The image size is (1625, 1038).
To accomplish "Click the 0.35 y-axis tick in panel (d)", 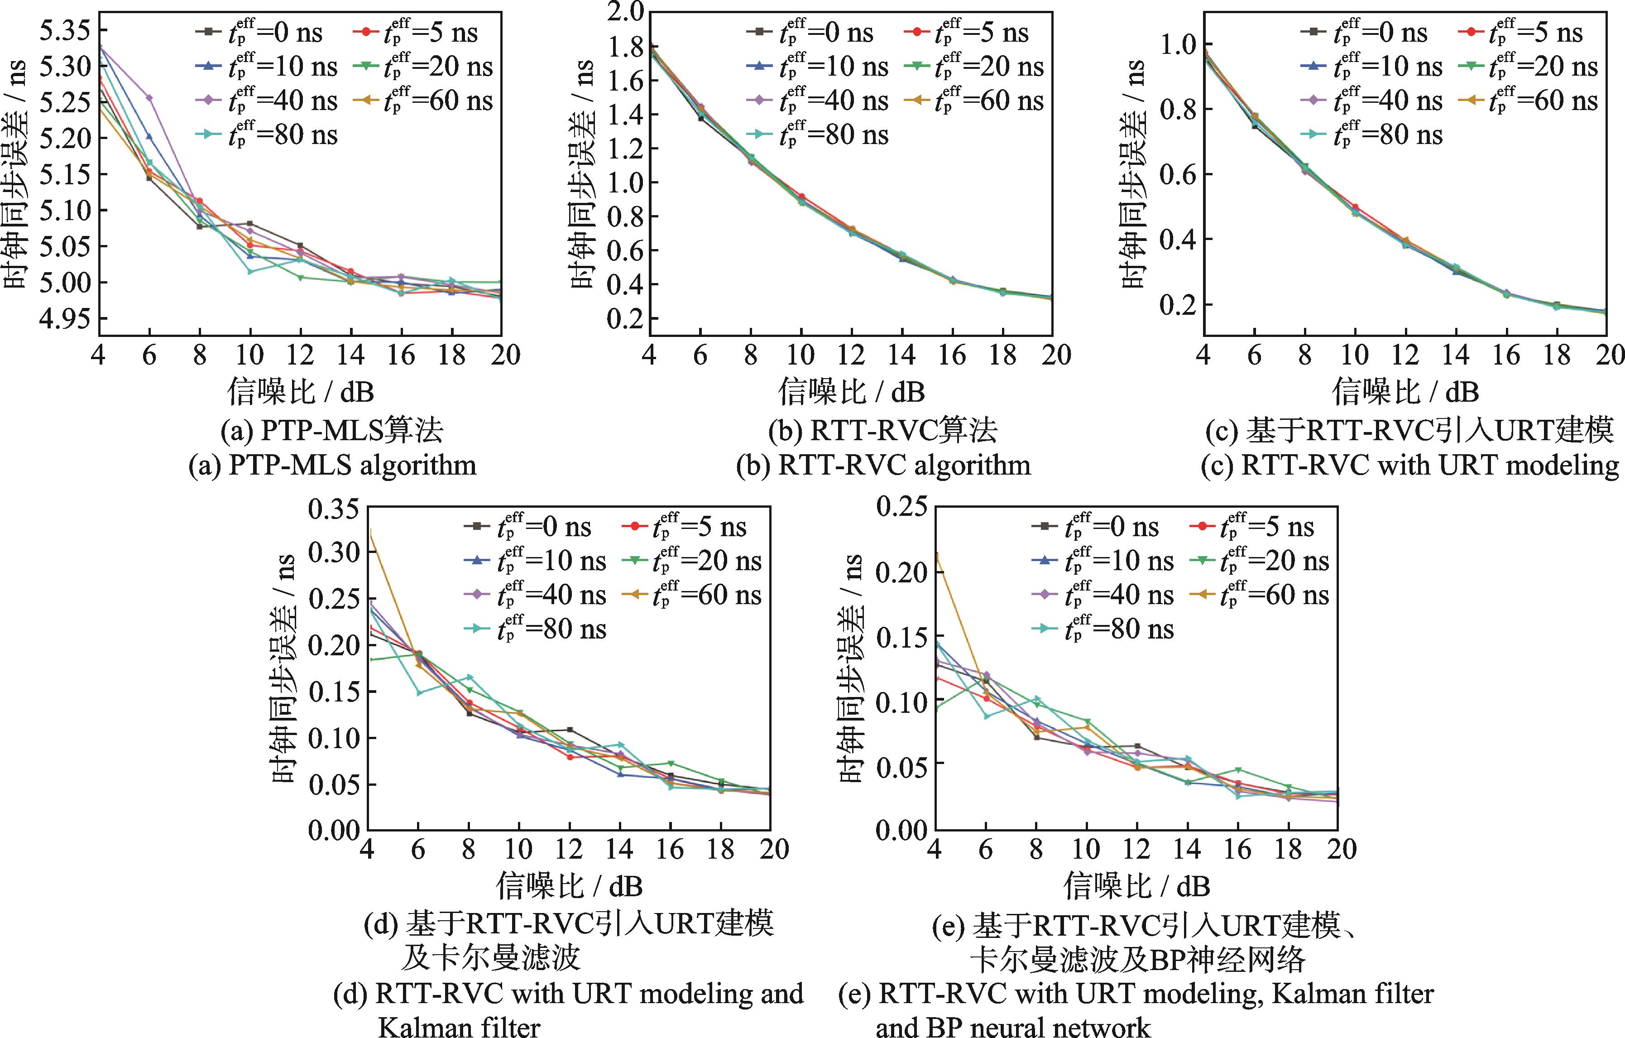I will pyautogui.click(x=334, y=508).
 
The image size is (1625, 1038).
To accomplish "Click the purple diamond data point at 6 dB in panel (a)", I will pyautogui.click(x=149, y=98).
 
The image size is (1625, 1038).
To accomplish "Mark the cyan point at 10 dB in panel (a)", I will pyautogui.click(x=250, y=271).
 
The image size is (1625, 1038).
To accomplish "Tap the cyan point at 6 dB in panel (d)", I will pyautogui.click(x=418, y=692).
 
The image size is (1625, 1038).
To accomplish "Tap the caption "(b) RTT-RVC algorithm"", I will pyautogui.click(x=884, y=466).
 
